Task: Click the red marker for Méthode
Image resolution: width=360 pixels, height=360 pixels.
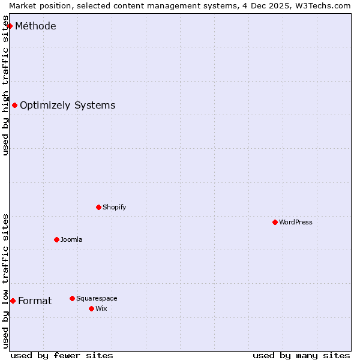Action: click(10, 26)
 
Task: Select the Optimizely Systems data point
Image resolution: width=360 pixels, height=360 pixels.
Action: click(15, 105)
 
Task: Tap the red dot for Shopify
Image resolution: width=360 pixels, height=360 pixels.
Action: click(99, 207)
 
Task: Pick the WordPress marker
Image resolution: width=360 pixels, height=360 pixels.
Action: click(275, 222)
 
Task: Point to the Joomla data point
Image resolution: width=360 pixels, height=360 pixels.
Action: click(57, 239)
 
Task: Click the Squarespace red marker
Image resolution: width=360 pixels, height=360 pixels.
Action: click(73, 298)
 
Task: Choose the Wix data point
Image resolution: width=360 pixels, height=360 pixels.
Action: click(92, 308)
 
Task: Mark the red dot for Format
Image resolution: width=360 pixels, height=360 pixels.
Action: click(13, 301)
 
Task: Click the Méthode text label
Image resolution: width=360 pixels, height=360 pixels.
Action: click(35, 26)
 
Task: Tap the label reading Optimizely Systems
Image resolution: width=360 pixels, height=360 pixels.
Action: click(67, 105)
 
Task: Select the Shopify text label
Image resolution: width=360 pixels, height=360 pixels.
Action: click(114, 207)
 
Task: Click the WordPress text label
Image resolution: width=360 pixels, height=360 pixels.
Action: click(295, 222)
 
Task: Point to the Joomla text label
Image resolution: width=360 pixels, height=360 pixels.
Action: click(71, 239)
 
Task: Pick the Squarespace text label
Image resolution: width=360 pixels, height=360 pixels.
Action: click(97, 298)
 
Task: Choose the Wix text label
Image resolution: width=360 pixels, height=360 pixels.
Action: click(101, 308)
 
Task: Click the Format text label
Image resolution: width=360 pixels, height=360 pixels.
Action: click(35, 301)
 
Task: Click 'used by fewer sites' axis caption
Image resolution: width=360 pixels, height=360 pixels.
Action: click(62, 355)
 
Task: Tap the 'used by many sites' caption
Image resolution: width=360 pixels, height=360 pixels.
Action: click(301, 355)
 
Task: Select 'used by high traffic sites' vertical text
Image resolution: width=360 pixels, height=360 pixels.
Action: click(5, 89)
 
